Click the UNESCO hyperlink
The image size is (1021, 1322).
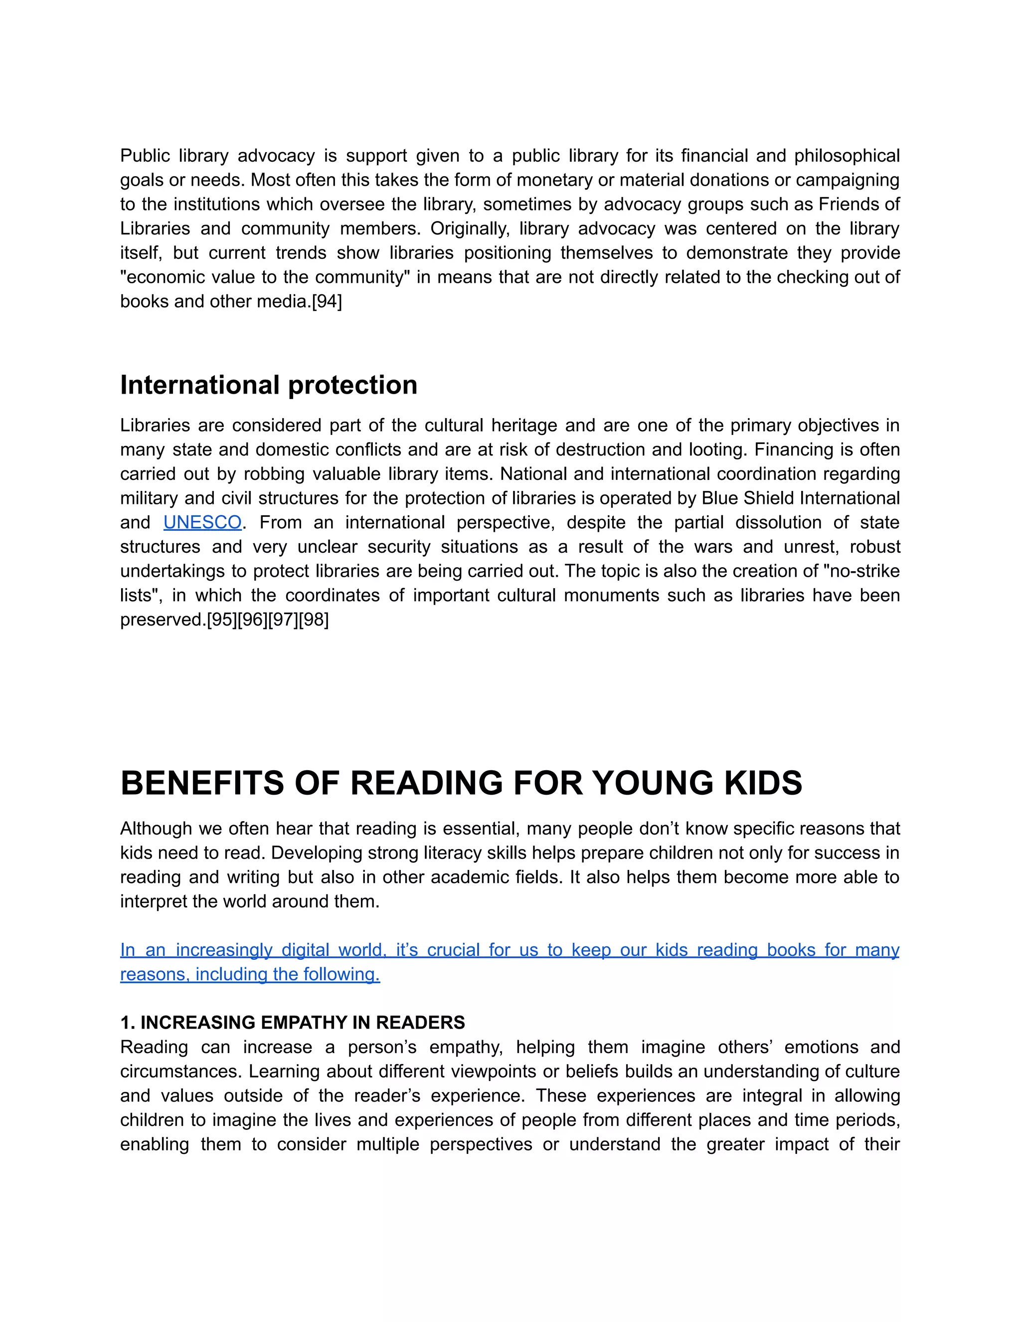click(x=202, y=522)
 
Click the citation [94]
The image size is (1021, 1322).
click(x=327, y=301)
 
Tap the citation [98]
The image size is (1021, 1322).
click(x=314, y=620)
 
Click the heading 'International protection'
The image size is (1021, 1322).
click(x=269, y=385)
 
